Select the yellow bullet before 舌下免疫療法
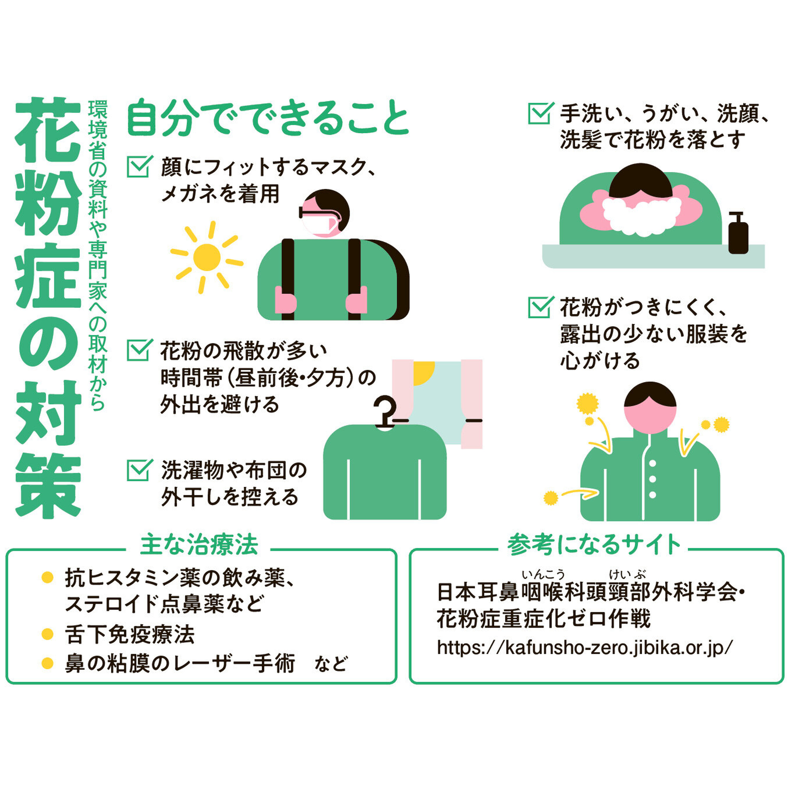point(48,634)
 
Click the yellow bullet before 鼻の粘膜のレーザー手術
point(48,663)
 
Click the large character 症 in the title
point(48,275)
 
